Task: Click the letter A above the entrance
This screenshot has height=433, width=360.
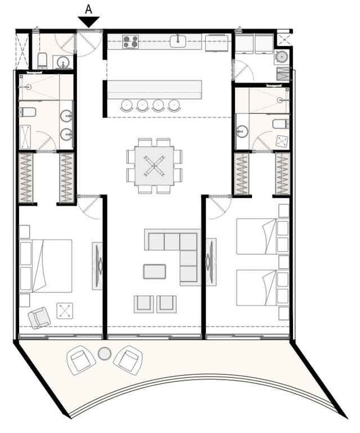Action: pos(88,9)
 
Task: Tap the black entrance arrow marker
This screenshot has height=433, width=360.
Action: pos(88,22)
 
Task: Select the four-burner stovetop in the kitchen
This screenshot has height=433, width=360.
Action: pos(130,42)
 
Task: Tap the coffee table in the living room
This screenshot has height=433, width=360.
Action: pos(155,272)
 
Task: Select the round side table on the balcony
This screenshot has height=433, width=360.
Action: pos(104,354)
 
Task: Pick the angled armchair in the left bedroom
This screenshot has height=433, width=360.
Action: pos(39,317)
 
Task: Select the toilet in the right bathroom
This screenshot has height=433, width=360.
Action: pos(280,124)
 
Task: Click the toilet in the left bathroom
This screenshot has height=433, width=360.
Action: pos(27,112)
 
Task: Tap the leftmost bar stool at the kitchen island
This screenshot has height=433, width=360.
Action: pos(127,105)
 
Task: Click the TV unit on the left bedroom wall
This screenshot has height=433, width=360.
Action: pos(97,266)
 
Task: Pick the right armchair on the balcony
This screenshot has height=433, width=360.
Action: pos(128,360)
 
